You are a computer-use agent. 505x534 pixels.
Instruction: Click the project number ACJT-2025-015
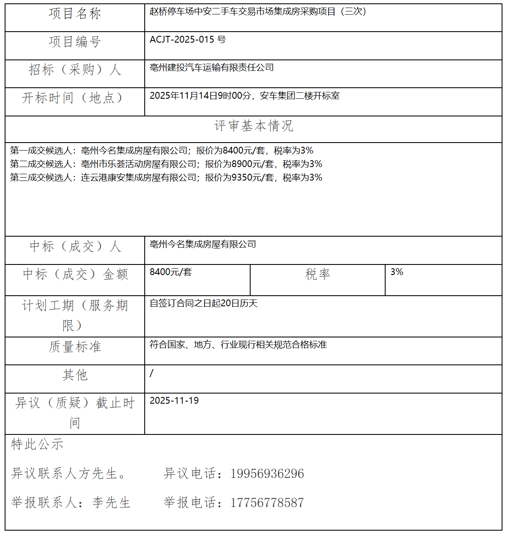click(x=183, y=40)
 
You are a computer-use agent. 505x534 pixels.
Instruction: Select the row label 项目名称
click(x=75, y=14)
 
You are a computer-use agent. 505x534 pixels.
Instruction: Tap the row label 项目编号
click(x=75, y=42)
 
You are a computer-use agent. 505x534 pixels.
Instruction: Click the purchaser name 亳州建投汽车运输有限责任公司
click(x=212, y=67)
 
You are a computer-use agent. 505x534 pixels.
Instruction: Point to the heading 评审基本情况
click(x=253, y=126)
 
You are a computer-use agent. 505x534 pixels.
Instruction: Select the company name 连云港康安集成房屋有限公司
click(x=139, y=178)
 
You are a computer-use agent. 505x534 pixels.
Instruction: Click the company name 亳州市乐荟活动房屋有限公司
click(x=139, y=164)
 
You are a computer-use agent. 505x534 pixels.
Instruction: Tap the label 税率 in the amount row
click(x=317, y=275)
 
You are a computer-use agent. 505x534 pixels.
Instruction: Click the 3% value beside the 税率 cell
click(x=397, y=272)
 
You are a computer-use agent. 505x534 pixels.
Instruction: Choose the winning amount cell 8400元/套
click(x=171, y=272)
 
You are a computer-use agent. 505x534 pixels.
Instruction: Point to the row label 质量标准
click(x=75, y=347)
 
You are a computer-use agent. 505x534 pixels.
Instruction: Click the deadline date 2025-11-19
click(x=174, y=401)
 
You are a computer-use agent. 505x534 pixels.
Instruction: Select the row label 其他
click(x=75, y=375)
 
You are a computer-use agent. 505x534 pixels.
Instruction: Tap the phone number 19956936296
click(x=267, y=474)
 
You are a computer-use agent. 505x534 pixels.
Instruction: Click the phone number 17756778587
click(x=267, y=503)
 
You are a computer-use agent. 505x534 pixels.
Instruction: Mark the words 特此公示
click(x=37, y=445)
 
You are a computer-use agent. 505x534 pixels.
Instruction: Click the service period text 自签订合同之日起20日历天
click(x=203, y=303)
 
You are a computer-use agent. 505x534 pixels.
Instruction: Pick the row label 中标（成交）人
click(x=75, y=246)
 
